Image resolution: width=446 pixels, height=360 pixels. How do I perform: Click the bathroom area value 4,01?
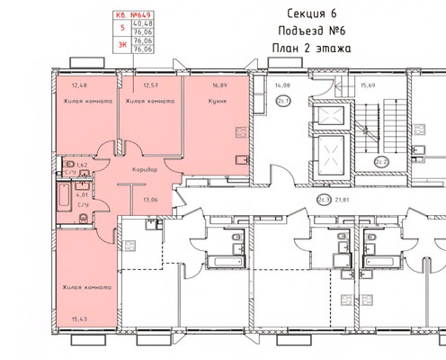click(82, 193)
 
